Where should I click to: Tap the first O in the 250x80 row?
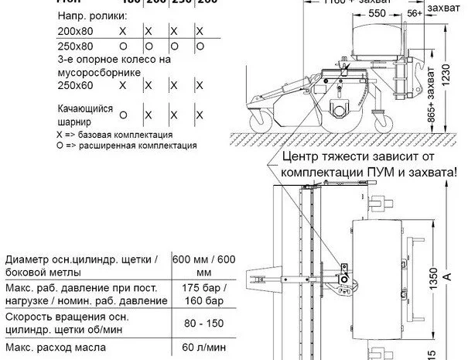tap(122, 46)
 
